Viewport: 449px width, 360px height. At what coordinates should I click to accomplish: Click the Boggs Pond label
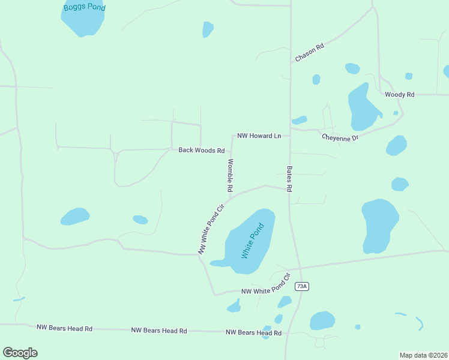click(85, 7)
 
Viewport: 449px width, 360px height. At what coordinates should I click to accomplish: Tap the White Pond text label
click(253, 241)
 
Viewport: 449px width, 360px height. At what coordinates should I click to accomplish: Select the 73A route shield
click(301, 286)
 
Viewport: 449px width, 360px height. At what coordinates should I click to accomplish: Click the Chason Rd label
click(310, 52)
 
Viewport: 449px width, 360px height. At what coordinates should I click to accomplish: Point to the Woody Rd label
click(400, 95)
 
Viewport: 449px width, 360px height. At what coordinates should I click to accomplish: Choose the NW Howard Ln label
click(259, 136)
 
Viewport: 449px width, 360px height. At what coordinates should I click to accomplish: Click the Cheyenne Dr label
click(340, 137)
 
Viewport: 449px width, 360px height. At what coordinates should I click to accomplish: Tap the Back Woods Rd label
click(201, 150)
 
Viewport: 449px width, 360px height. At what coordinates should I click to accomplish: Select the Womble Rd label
click(230, 175)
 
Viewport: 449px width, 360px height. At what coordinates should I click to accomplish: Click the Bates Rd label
click(289, 179)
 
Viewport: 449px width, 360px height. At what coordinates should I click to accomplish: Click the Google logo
click(20, 352)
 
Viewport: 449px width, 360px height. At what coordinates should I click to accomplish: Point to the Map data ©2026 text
click(424, 355)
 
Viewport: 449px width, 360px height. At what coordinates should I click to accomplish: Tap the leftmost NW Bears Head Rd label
click(64, 328)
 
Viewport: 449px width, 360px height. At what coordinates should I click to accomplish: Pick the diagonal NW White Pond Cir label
click(211, 229)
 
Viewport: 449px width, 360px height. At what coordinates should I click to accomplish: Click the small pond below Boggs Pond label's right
click(208, 29)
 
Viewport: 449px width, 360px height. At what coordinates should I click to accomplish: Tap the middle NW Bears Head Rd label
click(159, 331)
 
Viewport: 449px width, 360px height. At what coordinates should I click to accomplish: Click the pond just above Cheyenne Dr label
click(300, 120)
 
